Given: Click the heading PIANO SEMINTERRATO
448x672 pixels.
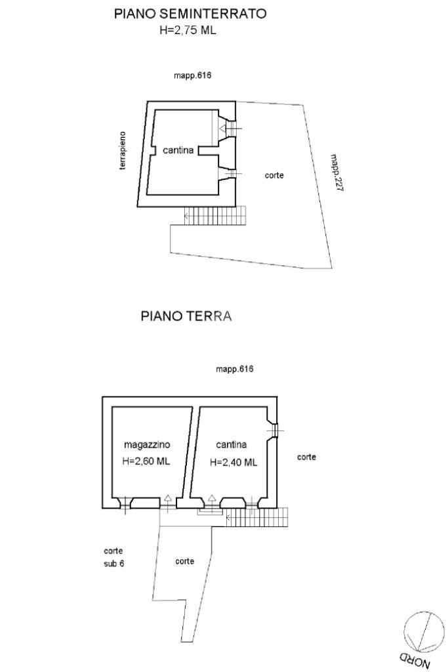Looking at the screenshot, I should [x=190, y=14].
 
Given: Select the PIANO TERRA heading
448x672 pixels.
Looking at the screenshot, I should [x=186, y=316].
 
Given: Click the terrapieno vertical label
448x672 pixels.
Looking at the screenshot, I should [x=123, y=152].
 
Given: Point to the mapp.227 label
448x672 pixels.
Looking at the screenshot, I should [x=337, y=173].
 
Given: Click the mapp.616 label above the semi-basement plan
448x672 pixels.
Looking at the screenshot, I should [x=192, y=76].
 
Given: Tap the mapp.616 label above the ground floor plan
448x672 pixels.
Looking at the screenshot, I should [x=234, y=369].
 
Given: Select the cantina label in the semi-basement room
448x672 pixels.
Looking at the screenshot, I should [x=178, y=151].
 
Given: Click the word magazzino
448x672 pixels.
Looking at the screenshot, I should [x=147, y=445].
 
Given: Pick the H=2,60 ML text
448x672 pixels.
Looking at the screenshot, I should [x=146, y=461].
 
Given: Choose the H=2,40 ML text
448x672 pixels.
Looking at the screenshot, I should [x=234, y=463].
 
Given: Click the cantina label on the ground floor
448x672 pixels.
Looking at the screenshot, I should [x=232, y=445].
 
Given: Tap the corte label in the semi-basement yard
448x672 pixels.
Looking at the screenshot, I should [x=274, y=175].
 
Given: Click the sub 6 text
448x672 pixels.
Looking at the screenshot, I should [x=113, y=563].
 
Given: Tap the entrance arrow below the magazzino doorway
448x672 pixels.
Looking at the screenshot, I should [x=168, y=499].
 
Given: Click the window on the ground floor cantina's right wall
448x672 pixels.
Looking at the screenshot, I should [x=275, y=430].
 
